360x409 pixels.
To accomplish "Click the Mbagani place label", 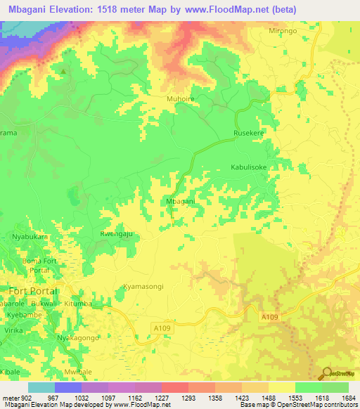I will [179, 201].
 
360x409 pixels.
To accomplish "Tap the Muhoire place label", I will [180, 99].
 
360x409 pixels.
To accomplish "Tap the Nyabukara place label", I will [30, 238].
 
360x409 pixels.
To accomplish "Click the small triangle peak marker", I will [64, 71].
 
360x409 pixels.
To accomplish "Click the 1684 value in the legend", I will [348, 398].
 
